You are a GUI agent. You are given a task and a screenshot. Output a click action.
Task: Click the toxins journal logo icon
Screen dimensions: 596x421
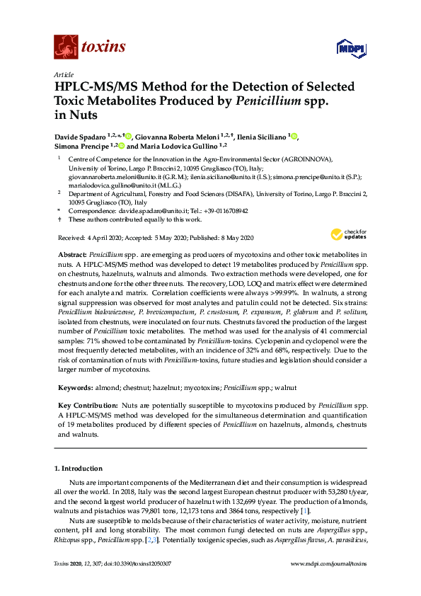[65, 47]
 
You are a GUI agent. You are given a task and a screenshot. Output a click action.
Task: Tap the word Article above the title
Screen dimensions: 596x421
[64, 74]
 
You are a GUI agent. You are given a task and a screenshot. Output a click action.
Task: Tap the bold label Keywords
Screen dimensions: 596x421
[74, 388]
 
